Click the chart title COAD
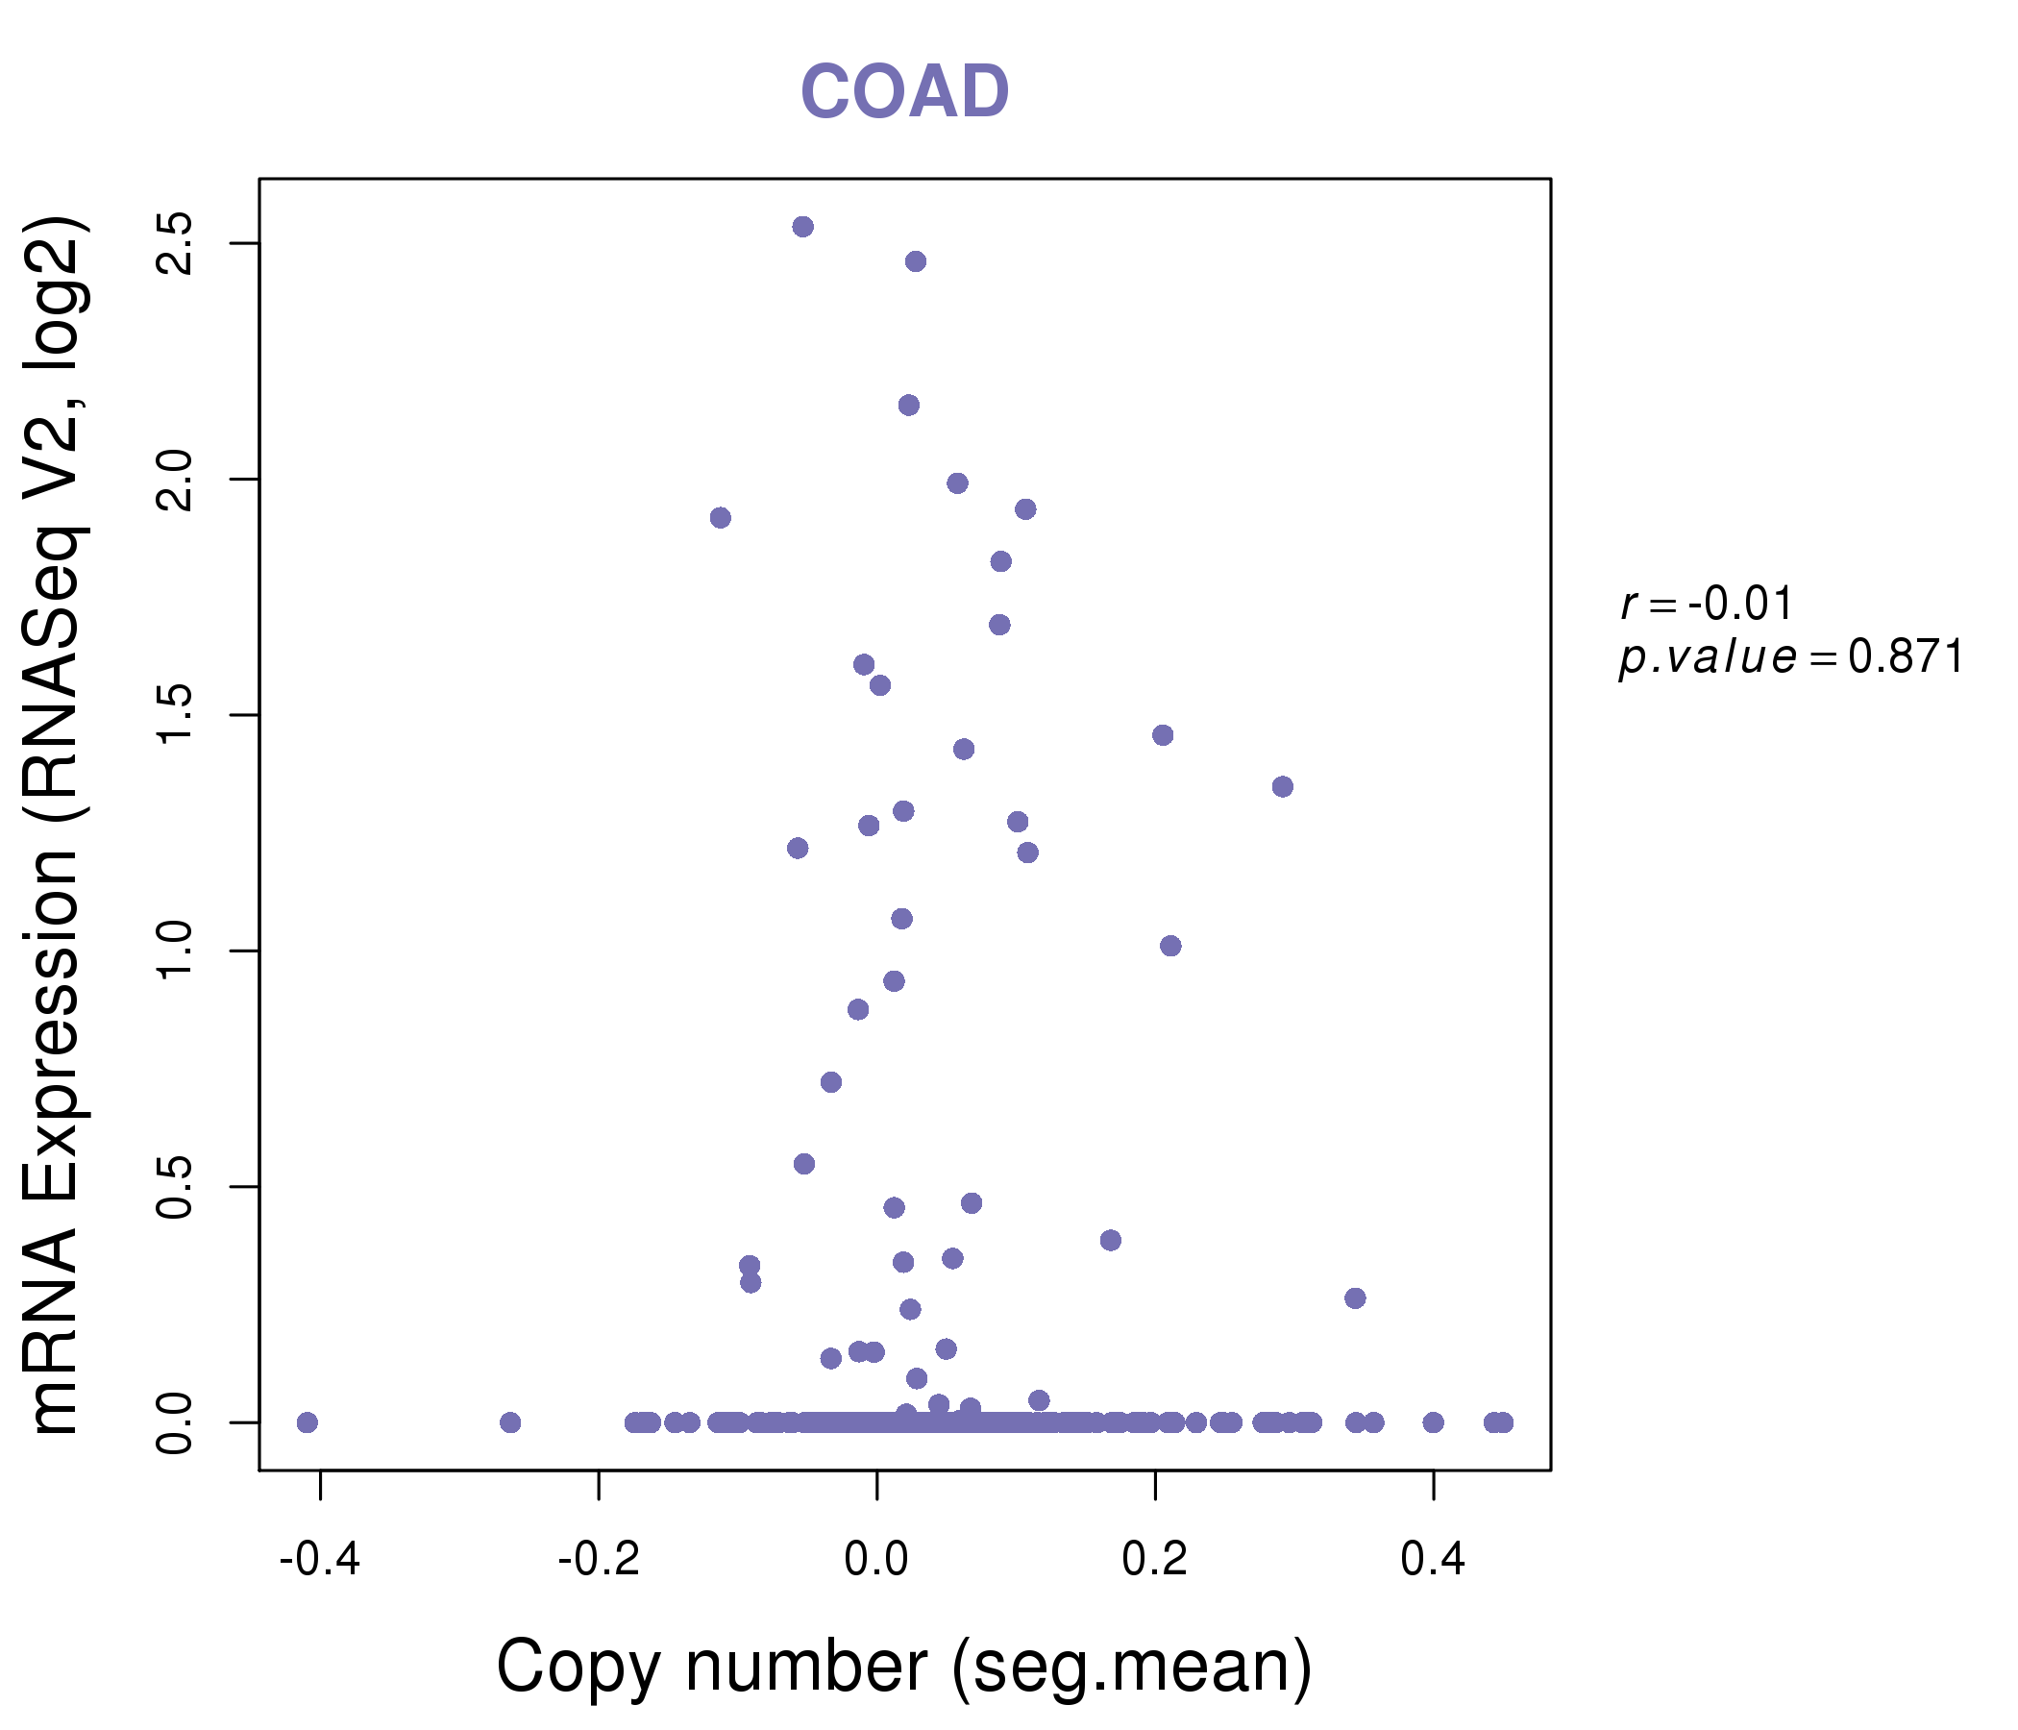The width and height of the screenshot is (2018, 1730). (x=904, y=92)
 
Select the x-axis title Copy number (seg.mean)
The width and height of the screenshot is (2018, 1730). (x=904, y=1667)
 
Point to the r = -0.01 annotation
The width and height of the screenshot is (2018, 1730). (x=1707, y=604)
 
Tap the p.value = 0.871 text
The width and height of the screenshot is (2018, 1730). (x=1790, y=657)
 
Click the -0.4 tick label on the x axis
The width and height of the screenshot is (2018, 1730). (x=319, y=1560)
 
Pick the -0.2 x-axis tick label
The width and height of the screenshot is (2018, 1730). (x=598, y=1560)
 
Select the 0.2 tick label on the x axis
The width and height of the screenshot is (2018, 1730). (x=1155, y=1560)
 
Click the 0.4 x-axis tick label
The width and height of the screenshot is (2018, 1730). (x=1433, y=1560)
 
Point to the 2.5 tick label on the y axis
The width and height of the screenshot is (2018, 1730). (x=175, y=242)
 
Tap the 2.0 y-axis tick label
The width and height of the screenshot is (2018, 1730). (x=175, y=480)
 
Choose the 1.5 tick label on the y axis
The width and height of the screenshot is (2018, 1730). (x=175, y=715)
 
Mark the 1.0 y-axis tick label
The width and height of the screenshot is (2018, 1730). (x=175, y=951)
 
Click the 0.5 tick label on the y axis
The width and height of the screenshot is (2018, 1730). (x=175, y=1186)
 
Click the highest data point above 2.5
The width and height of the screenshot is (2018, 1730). (x=802, y=227)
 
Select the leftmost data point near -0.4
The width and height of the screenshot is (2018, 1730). (x=307, y=1422)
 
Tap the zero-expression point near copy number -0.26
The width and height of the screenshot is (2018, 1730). (x=509, y=1422)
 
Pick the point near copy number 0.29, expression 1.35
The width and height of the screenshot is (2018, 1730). (x=1282, y=786)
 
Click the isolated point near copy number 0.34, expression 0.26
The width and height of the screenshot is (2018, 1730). (x=1355, y=1297)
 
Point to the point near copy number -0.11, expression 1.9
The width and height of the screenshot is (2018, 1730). (x=720, y=517)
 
